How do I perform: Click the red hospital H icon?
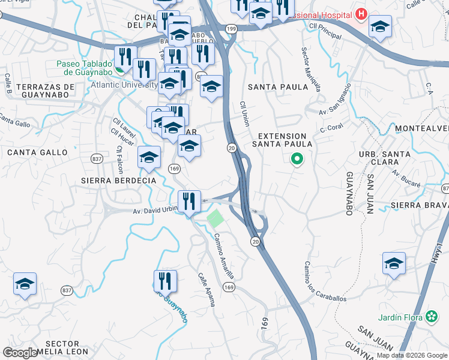point(361,13)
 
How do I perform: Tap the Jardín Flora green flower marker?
point(432,316)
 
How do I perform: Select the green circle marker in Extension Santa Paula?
point(296,160)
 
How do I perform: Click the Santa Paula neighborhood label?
point(278,87)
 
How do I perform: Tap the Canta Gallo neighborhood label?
point(37,152)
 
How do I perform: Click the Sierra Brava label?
point(419,205)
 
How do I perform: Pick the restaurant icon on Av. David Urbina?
point(190,202)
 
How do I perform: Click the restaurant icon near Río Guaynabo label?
point(165,281)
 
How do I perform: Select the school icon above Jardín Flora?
point(394,263)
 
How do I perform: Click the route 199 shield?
point(231,29)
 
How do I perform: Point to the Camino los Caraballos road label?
point(324,282)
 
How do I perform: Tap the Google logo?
point(20,353)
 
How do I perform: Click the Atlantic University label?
point(124,85)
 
